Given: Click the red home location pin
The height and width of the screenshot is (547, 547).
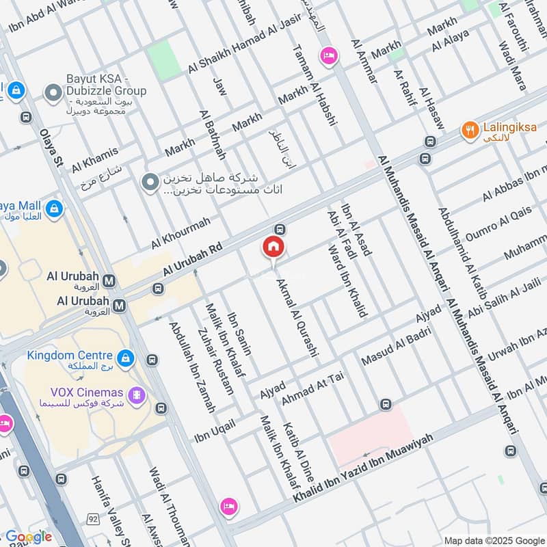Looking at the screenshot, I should coord(273,247).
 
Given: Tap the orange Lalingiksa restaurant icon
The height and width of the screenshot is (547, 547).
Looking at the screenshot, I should coord(469,131).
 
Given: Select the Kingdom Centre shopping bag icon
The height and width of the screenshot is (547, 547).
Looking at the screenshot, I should coord(124,357).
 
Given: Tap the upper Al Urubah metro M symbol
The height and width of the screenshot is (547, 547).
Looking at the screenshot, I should coord(109,279).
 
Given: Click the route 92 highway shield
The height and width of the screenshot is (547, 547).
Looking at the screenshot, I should coord(92,520).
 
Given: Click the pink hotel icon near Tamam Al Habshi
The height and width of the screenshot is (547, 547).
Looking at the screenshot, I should coord(329,56).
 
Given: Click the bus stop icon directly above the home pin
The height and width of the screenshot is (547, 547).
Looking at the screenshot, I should coord(279,228).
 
